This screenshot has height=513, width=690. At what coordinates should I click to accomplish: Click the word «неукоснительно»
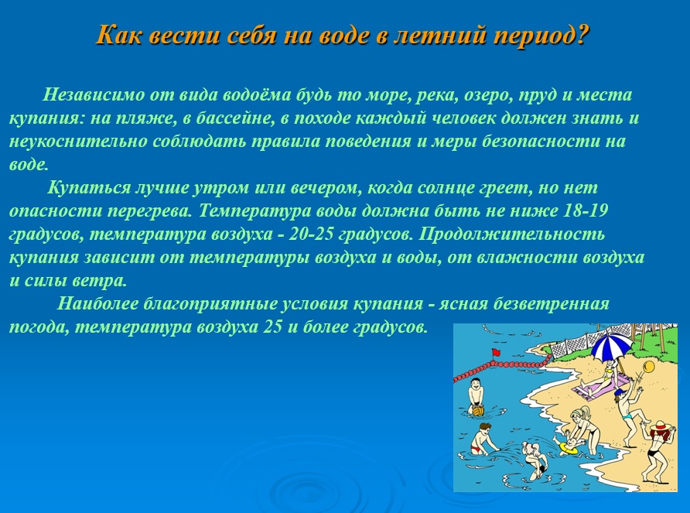[78, 142]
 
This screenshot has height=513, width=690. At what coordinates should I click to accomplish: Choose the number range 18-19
[586, 210]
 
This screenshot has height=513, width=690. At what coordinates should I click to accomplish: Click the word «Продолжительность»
[512, 234]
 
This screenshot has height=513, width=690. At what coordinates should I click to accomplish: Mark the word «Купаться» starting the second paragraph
[89, 188]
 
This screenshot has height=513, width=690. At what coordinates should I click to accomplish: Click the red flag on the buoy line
[497, 352]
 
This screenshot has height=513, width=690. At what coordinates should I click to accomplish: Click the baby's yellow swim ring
[568, 448]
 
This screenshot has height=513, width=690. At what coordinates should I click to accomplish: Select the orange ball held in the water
[478, 410]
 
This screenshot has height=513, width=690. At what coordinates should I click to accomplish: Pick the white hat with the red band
[660, 426]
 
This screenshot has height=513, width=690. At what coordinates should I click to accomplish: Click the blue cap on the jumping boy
[620, 392]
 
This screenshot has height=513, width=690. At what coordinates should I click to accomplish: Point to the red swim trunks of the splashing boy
[477, 450]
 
